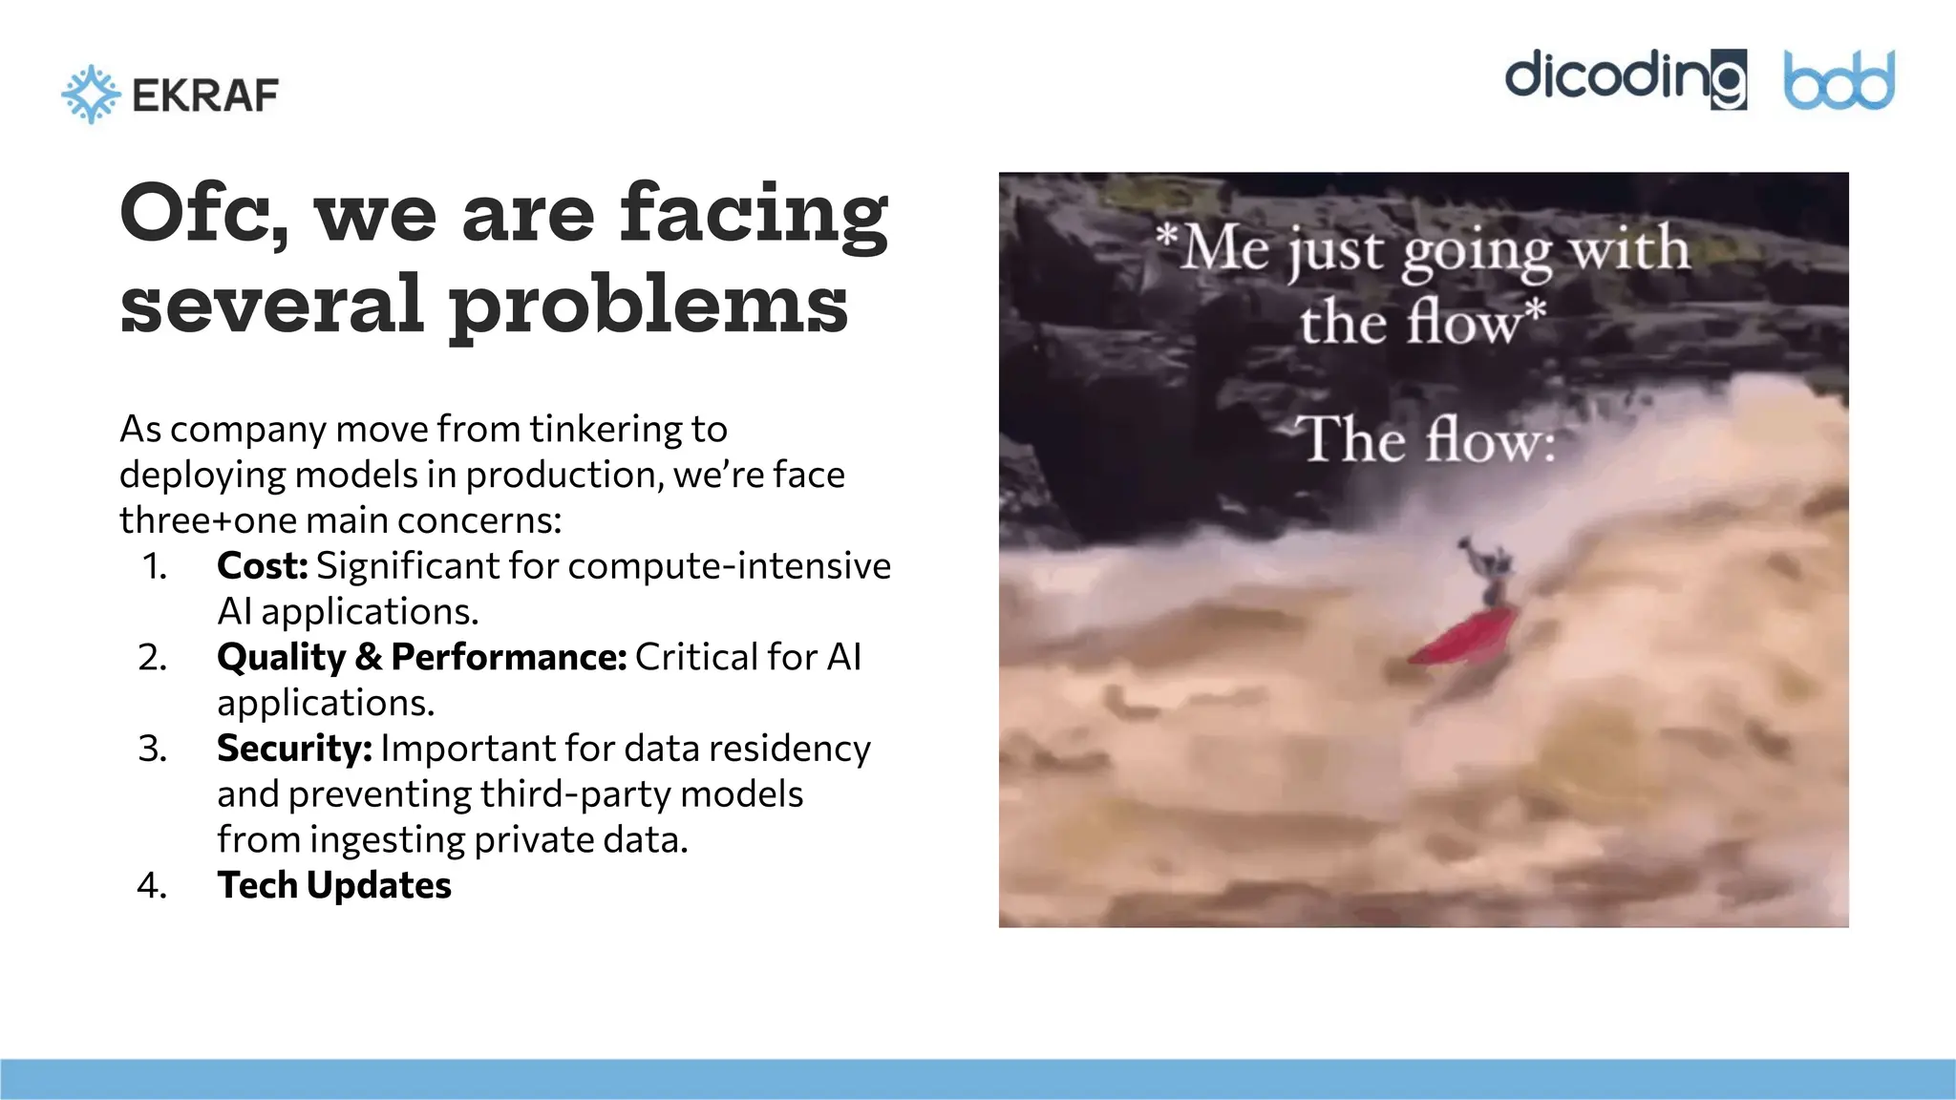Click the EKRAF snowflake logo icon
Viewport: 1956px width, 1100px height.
[91, 95]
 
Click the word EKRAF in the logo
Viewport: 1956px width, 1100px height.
[205, 95]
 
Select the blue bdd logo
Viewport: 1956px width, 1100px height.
[1839, 80]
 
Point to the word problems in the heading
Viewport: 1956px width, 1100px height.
[648, 306]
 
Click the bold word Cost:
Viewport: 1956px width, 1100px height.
[263, 566]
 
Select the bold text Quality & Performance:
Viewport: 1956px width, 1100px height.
[421, 657]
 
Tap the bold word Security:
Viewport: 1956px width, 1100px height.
[294, 749]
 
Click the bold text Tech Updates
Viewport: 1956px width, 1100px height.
[334, 885]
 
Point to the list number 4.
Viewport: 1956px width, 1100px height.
[152, 885]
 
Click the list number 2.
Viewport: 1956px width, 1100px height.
[152, 657]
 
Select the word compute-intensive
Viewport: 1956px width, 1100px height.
[730, 566]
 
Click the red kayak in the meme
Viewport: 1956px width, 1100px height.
[1462, 634]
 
